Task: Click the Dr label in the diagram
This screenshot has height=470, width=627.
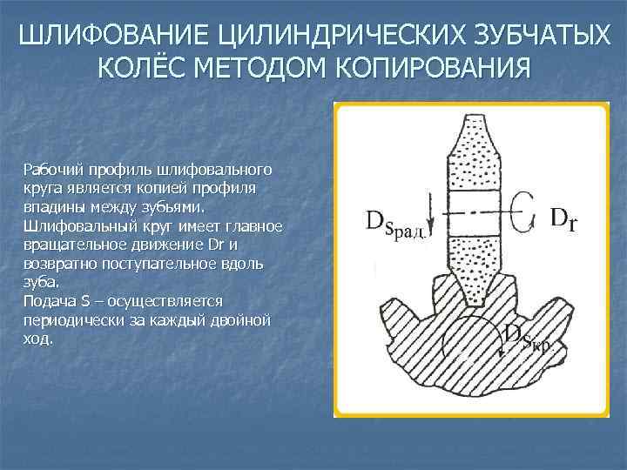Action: [x=563, y=218]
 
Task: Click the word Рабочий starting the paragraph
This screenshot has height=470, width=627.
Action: [x=49, y=168]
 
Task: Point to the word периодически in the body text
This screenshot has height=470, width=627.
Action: [x=72, y=320]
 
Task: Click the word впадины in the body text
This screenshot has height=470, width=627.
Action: [x=51, y=207]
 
